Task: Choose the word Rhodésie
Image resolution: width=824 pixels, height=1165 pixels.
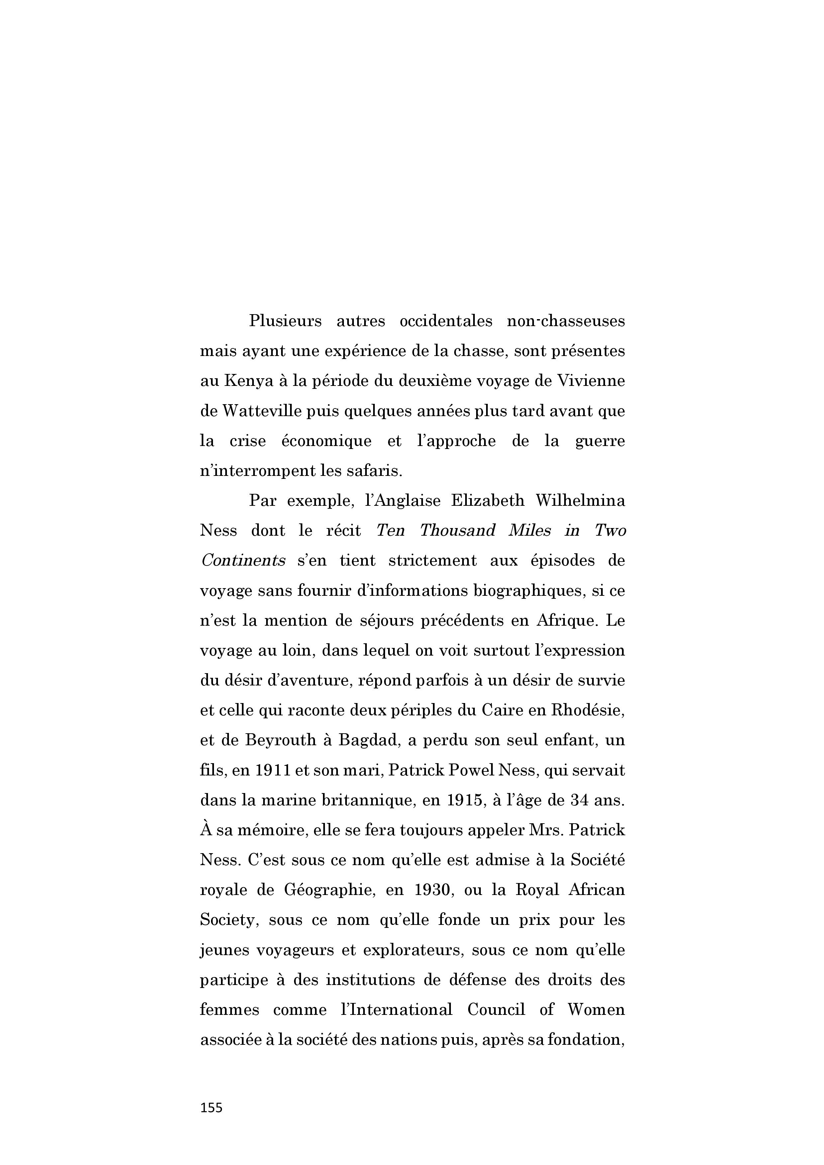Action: (x=588, y=710)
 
